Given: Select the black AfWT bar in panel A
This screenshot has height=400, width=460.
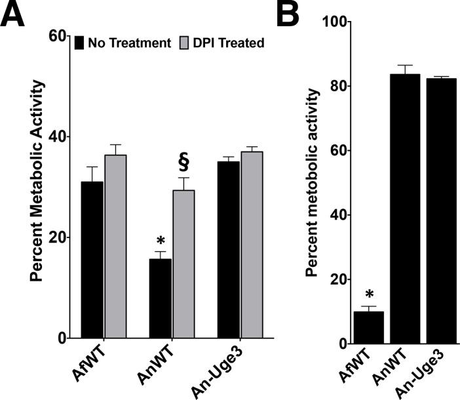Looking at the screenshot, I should tap(92, 260).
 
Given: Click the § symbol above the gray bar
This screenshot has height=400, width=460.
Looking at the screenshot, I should tap(183, 161).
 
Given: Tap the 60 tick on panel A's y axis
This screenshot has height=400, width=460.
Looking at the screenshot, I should tap(61, 36).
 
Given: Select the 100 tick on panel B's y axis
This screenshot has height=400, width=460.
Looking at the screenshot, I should tap(336, 22).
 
